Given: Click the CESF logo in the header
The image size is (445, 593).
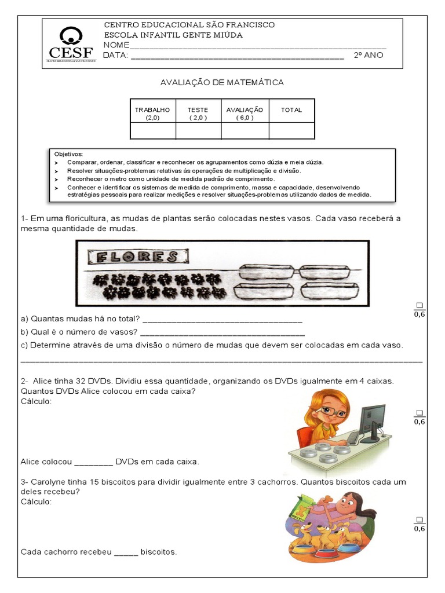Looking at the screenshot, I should pyautogui.click(x=72, y=44).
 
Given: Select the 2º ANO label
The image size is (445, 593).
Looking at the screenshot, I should pyautogui.click(x=368, y=56).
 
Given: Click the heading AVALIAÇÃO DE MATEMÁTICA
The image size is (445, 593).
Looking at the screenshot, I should pyautogui.click(x=222, y=83).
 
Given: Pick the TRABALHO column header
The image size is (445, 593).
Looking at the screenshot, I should pyautogui.click(x=152, y=113).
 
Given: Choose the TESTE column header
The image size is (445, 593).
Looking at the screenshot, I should pyautogui.click(x=198, y=113).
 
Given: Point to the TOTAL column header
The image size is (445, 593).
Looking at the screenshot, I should pyautogui.click(x=291, y=110).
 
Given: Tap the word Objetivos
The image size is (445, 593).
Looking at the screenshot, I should pyautogui.click(x=68, y=154).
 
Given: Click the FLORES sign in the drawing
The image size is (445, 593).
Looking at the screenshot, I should pyautogui.click(x=137, y=257).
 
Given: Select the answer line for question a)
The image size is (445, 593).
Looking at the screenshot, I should pyautogui.click(x=222, y=319).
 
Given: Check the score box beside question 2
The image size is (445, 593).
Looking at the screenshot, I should pyautogui.click(x=420, y=412).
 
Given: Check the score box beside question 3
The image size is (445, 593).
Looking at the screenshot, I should pyautogui.click(x=420, y=519).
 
